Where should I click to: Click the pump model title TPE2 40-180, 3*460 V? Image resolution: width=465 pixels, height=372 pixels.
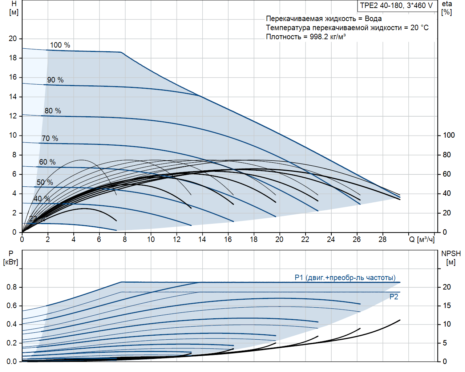tap(396, 5)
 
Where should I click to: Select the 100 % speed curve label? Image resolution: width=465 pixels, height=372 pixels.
tap(60, 45)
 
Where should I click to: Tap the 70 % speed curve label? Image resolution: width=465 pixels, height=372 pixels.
tap(50, 138)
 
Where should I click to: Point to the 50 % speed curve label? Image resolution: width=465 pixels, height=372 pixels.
tap(45, 182)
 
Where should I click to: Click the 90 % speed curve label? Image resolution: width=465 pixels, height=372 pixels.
tap(55, 80)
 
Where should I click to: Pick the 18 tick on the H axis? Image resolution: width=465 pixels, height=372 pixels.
tap(13, 58)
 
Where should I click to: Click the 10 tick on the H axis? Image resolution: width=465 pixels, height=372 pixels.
tap(13, 135)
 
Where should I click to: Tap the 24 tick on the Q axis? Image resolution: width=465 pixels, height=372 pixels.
tap(331, 239)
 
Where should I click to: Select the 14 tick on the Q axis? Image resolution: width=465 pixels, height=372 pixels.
tap(202, 239)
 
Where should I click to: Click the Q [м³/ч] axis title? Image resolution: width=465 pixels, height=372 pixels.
tap(422, 239)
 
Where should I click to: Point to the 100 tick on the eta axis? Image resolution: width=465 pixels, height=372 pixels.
tap(449, 135)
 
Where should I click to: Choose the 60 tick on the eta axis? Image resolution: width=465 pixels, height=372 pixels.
tap(446, 174)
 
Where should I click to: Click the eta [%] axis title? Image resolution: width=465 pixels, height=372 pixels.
tap(447, 8)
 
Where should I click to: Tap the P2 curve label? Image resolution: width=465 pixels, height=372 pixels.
tap(394, 297)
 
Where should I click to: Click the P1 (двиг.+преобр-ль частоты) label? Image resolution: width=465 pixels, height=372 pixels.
tap(345, 278)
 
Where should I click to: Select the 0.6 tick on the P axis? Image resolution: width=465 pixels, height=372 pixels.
tap(12, 306)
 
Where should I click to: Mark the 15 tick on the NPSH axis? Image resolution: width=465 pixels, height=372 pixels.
tap(446, 306)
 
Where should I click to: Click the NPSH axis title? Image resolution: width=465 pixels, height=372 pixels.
tap(451, 258)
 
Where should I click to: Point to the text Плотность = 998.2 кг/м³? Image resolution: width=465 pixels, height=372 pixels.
tap(306, 37)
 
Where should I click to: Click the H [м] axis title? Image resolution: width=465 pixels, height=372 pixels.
tap(14, 8)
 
